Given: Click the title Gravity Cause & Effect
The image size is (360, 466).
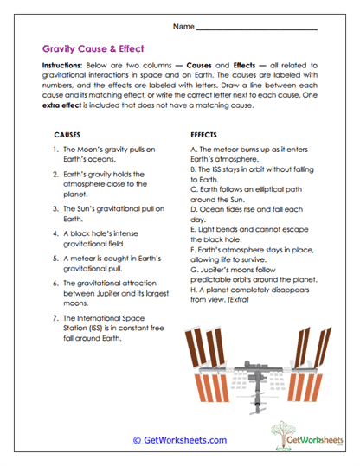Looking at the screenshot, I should point(93,49).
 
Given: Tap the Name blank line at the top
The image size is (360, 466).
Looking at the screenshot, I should point(257,29).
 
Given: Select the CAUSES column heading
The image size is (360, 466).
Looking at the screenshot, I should point(69,136).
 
